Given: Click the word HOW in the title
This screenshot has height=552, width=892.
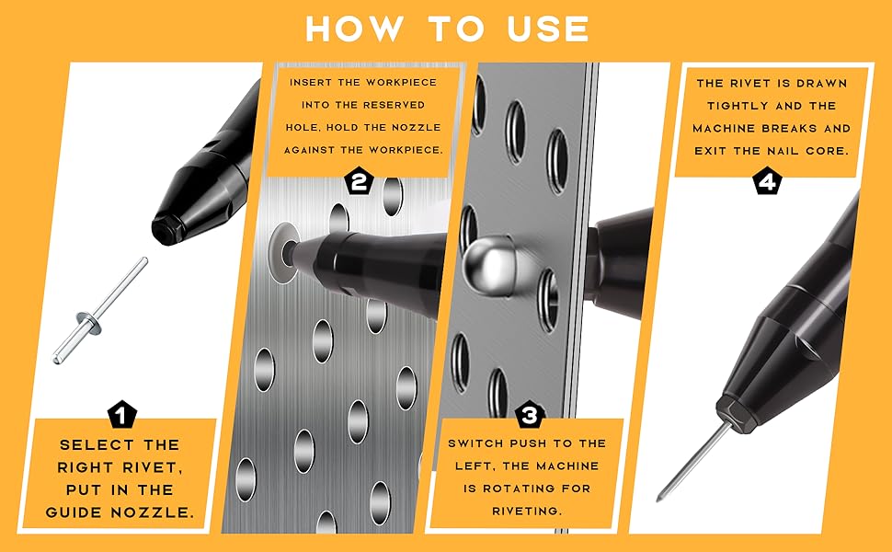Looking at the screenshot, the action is pos(354,29).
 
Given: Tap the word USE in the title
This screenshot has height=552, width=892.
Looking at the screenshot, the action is pos(548,29).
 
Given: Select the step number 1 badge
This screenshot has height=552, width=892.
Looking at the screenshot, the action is pos(121,414).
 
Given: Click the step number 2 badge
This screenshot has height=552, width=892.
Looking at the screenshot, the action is pos(359,181).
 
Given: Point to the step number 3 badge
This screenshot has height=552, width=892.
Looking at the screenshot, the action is pos(529,416).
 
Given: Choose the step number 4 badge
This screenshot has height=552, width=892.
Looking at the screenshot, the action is pos(767,182).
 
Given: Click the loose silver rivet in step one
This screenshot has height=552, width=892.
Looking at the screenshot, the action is pos(100,311).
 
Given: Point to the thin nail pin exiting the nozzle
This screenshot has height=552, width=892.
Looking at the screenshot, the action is pos(693,461).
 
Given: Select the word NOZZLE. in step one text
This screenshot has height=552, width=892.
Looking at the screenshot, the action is pos(153,512).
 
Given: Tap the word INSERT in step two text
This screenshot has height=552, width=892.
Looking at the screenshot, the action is pos(311,83).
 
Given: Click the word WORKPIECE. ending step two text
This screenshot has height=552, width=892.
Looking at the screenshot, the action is pos(406,150).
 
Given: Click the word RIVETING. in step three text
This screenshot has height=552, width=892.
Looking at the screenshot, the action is pos(527,511).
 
